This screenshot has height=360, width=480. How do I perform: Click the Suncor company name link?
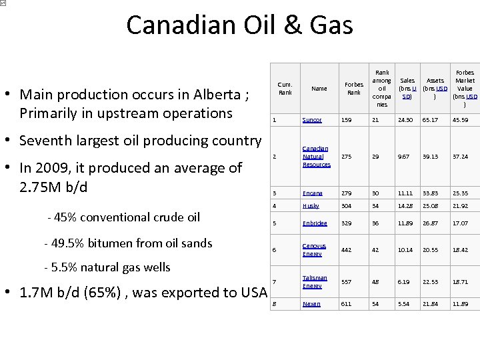pyautogui.click(x=311, y=120)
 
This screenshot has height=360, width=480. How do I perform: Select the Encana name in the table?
pyautogui.click(x=312, y=193)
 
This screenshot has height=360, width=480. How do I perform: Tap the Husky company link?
pyautogui.click(x=311, y=206)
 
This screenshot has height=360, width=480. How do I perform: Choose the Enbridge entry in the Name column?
pyautogui.click(x=315, y=223)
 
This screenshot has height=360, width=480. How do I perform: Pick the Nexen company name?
pyautogui.click(x=311, y=304)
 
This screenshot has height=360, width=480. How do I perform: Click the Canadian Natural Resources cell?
pyautogui.click(x=316, y=157)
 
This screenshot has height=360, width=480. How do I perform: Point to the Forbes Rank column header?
pyautogui.click(x=353, y=89)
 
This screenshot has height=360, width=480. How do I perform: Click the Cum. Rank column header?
pyautogui.click(x=285, y=89)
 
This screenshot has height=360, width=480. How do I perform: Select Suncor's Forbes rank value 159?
pyautogui.click(x=345, y=120)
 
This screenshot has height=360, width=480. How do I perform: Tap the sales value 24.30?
pyautogui.click(x=405, y=120)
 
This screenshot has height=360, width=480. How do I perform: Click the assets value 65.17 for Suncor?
pyautogui.click(x=430, y=120)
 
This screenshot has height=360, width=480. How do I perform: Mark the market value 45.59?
pyautogui.click(x=460, y=120)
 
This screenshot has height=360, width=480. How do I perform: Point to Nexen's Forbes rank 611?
pyautogui.click(x=345, y=304)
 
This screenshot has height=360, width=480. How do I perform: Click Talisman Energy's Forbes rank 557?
pyautogui.click(x=345, y=282)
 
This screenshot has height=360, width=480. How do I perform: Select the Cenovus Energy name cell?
pyautogui.click(x=314, y=250)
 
